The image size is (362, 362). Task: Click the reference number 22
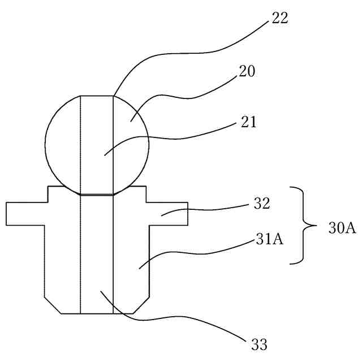click(279, 18)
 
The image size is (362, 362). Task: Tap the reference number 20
click(247, 72)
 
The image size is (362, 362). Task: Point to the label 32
click(261, 204)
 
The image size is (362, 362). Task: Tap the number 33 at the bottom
click(259, 343)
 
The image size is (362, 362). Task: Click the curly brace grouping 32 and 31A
click(305, 225)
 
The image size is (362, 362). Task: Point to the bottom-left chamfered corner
click(53, 305)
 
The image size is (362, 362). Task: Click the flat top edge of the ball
click(97, 96)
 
